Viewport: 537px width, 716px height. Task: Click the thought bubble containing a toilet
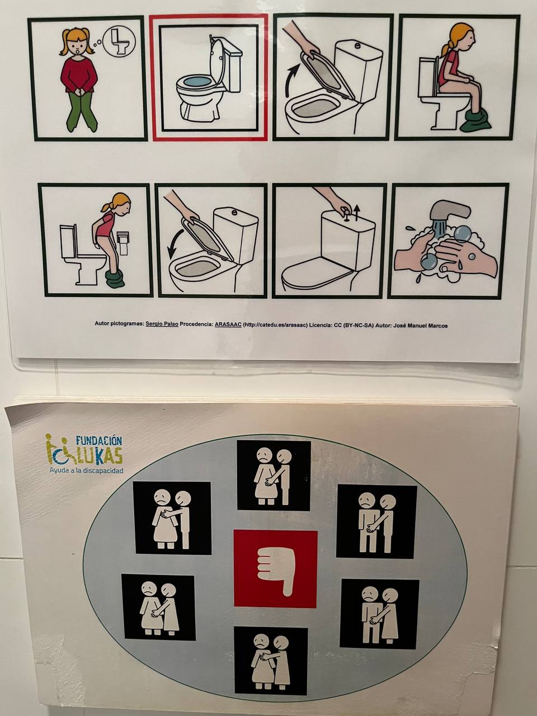[x=119, y=42]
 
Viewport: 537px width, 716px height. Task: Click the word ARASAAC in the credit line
[x=228, y=325]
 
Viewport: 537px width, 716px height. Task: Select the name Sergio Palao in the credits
[x=162, y=324]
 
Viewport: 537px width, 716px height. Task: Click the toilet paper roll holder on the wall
[x=123, y=242]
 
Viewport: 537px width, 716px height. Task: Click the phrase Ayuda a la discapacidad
[x=86, y=470]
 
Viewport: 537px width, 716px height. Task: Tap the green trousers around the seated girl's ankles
[x=475, y=121]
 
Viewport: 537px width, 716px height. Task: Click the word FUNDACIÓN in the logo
[x=99, y=441]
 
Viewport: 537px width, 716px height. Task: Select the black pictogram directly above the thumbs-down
[x=274, y=475]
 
